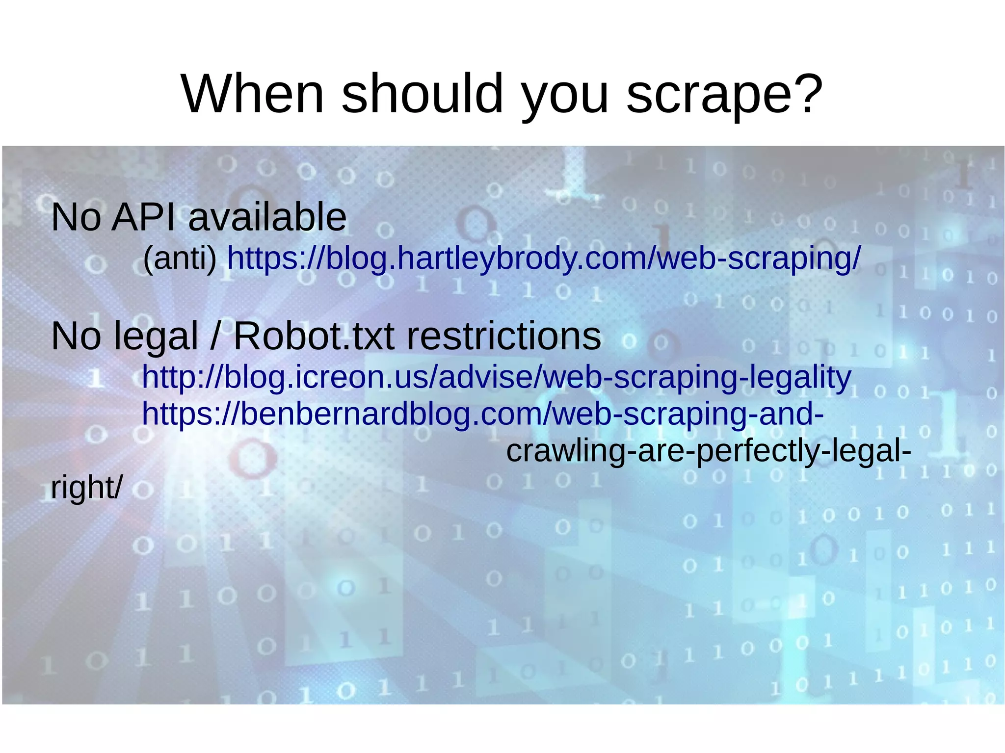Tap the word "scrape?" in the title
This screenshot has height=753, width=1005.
click(x=724, y=94)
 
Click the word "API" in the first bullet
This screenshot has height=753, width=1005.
click(x=143, y=217)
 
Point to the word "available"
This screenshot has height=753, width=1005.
click(x=267, y=217)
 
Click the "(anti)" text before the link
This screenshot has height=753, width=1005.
click(x=180, y=258)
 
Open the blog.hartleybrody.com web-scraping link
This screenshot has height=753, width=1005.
click(x=544, y=258)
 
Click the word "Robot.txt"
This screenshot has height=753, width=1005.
click(x=314, y=337)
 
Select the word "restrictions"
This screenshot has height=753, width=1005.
click(x=503, y=337)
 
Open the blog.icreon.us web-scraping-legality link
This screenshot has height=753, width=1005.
click(x=496, y=377)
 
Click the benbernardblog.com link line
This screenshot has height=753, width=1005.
click(x=482, y=414)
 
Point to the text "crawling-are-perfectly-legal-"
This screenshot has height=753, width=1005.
click(x=708, y=451)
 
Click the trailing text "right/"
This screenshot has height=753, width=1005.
click(x=87, y=488)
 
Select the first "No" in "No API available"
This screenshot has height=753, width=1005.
click(x=76, y=217)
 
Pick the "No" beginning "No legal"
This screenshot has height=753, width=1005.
click(x=76, y=337)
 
